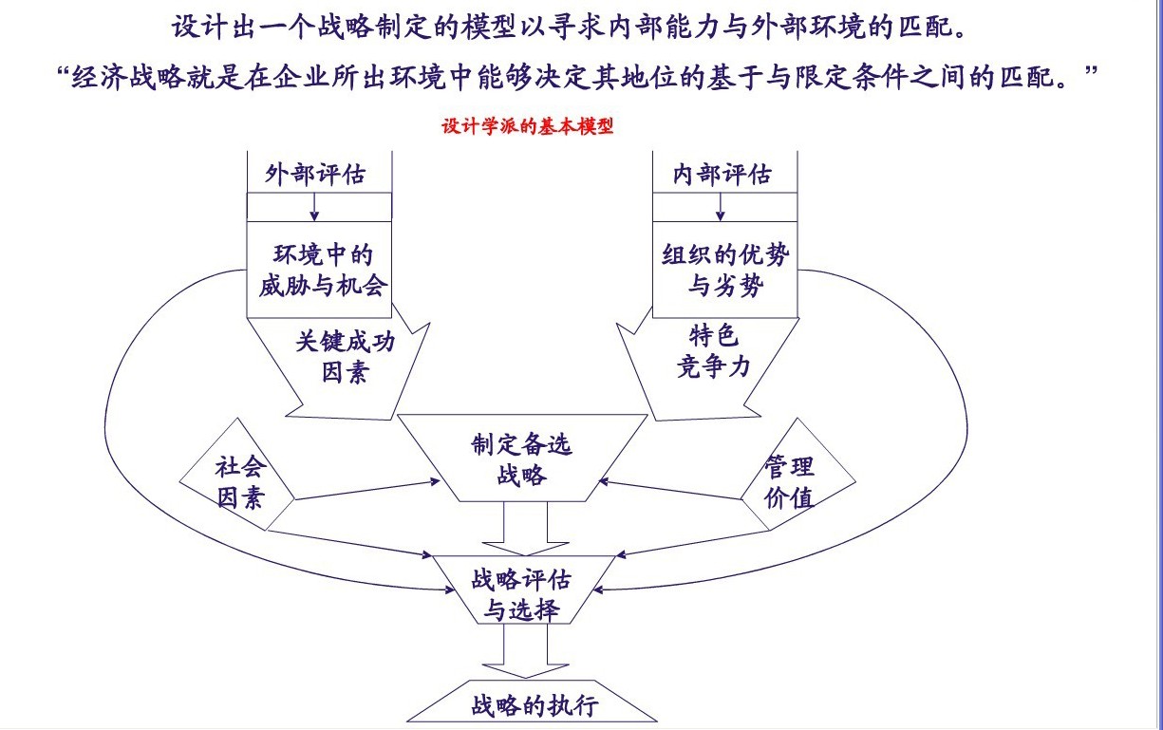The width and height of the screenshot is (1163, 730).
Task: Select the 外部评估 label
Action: pos(315,175)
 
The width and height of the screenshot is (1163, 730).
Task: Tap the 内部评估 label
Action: pos(722,175)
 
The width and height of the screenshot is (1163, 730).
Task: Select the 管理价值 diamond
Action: pos(789,481)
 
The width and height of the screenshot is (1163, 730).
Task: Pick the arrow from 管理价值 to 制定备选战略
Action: pos(674,490)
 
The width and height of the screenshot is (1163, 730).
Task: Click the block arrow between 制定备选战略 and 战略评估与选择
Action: pos(525,530)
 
